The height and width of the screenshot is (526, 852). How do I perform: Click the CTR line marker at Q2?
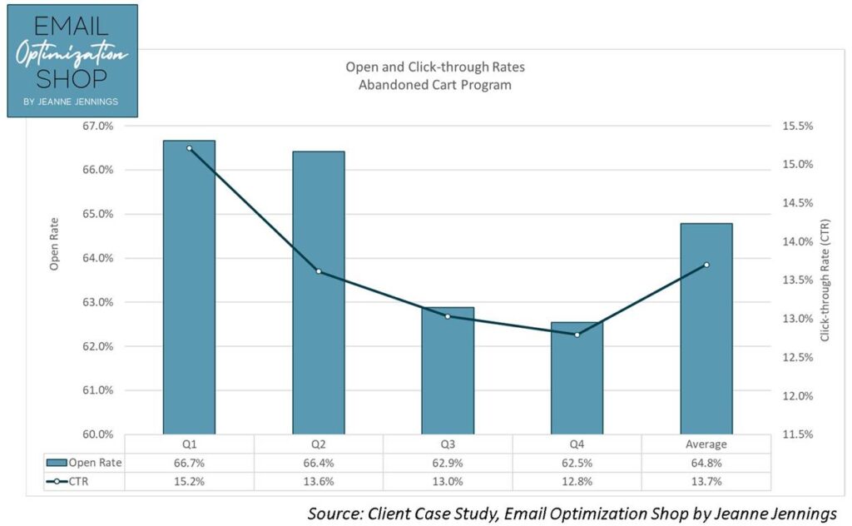pyautogui.click(x=319, y=271)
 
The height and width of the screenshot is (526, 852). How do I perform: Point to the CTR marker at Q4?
pyautogui.click(x=577, y=335)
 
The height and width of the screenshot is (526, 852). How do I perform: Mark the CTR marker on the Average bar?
pyautogui.click(x=706, y=265)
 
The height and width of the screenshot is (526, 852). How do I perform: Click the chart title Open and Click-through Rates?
pyautogui.click(x=435, y=67)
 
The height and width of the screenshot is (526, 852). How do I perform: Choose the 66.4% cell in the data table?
pyautogui.click(x=319, y=463)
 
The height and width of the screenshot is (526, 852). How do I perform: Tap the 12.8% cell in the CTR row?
pyautogui.click(x=577, y=482)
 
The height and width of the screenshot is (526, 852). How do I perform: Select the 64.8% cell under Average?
pyautogui.click(x=706, y=463)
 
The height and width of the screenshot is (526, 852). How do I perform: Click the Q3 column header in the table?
pyautogui.click(x=448, y=444)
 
